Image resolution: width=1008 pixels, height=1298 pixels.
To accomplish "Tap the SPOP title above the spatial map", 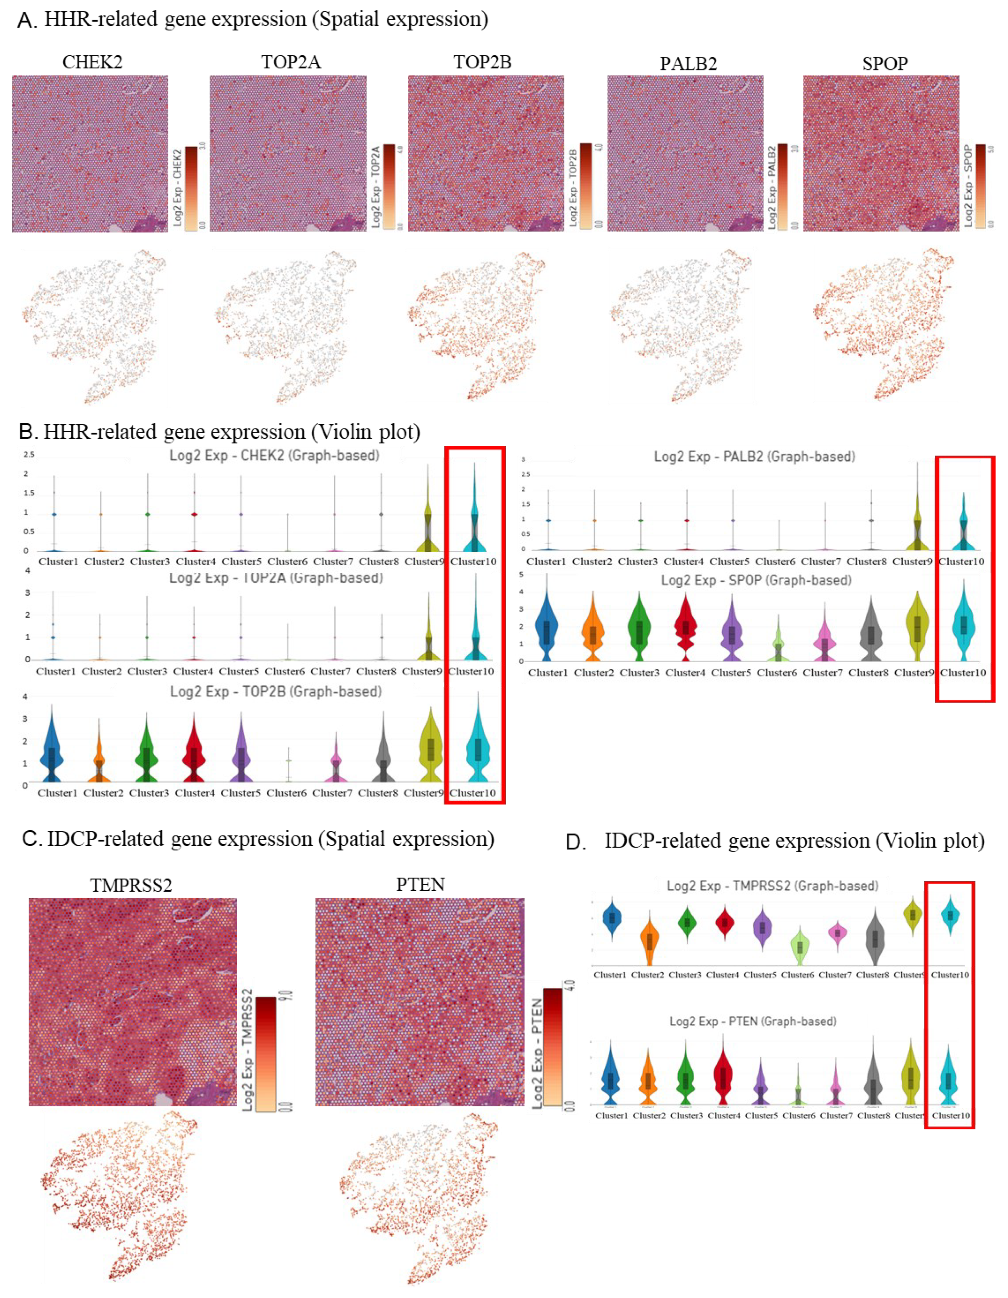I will coord(885,63).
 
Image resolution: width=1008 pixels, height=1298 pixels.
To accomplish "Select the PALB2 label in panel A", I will coord(688,63).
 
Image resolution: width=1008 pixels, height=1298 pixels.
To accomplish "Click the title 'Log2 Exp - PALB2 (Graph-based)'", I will coord(754,456).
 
